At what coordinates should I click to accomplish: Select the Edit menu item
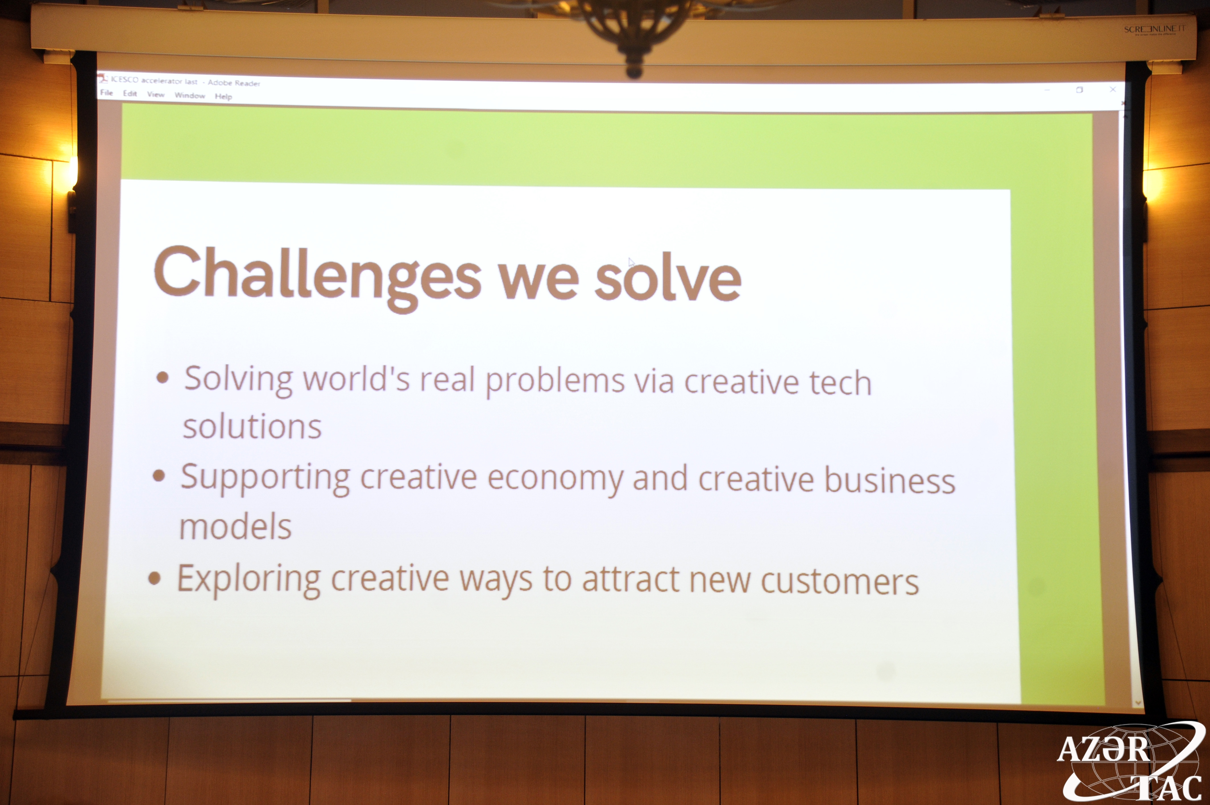[130, 94]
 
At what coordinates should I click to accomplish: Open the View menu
[156, 94]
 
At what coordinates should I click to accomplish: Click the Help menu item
[223, 97]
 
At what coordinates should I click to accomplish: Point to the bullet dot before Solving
[162, 378]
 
